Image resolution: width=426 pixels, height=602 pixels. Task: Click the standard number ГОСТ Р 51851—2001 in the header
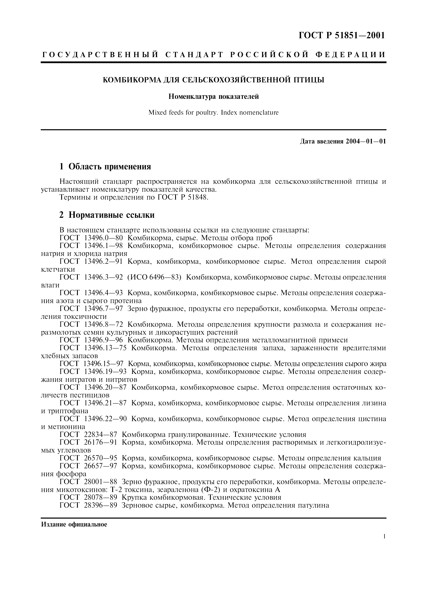click(x=342, y=35)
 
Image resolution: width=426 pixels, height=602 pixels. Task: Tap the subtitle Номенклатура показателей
click(x=213, y=97)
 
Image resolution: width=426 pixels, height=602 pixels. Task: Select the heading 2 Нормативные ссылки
click(x=107, y=215)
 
